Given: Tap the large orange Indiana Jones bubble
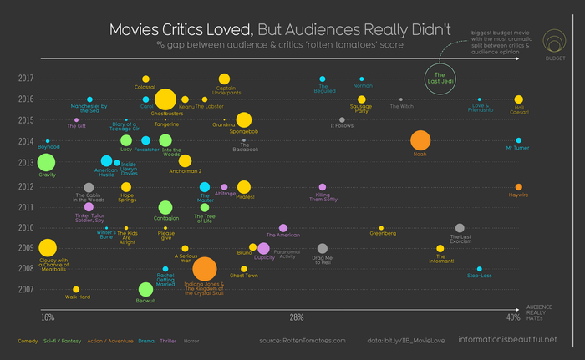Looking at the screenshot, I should click(x=205, y=269).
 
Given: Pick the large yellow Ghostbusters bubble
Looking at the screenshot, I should click(x=165, y=99).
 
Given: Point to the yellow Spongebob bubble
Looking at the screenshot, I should click(x=243, y=119).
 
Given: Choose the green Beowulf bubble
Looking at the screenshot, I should click(x=145, y=290).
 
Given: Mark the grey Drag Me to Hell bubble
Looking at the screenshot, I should click(x=323, y=249).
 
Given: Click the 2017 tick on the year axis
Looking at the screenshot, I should click(x=25, y=79).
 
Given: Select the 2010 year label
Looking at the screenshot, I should click(x=25, y=227).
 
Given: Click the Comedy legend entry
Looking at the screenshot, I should click(x=28, y=341).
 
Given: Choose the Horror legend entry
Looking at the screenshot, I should click(x=191, y=341).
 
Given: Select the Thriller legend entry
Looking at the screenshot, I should click(x=167, y=341).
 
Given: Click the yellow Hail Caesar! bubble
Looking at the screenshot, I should click(x=519, y=99).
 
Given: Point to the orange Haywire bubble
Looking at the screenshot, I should click(x=519, y=187).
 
